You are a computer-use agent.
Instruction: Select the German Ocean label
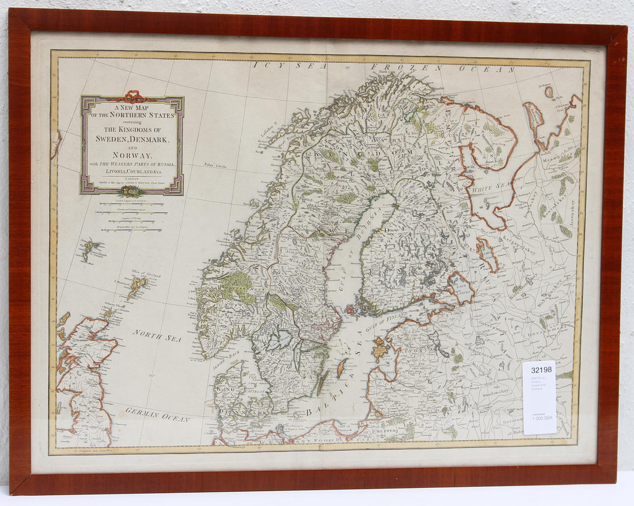point(157,415)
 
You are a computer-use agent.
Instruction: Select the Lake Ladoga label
point(461,288)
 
